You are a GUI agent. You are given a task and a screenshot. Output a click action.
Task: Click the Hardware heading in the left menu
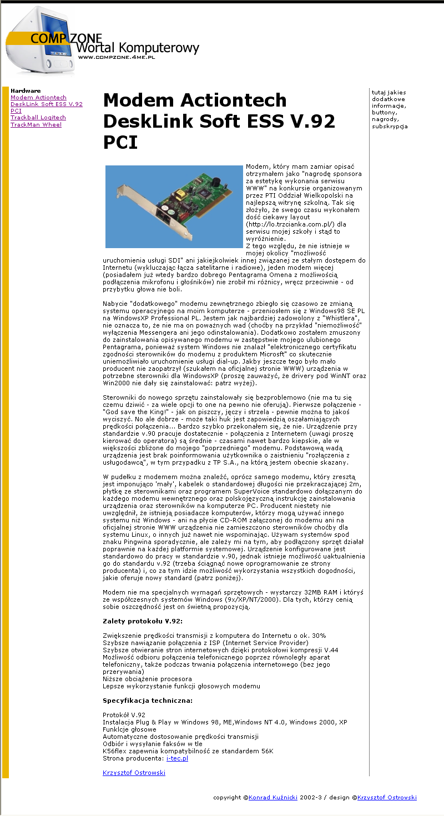pyautogui.click(x=26, y=90)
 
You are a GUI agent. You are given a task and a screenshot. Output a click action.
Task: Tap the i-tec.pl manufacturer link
pyautogui.click(x=177, y=758)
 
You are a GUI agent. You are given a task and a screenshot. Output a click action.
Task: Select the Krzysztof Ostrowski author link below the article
pyautogui.click(x=134, y=772)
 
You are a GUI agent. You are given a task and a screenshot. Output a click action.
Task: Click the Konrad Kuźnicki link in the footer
pyautogui.click(x=273, y=798)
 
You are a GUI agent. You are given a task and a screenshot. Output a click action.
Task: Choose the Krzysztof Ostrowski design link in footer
pyautogui.click(x=387, y=798)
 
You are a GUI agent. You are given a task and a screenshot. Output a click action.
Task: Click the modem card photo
pyautogui.click(x=174, y=206)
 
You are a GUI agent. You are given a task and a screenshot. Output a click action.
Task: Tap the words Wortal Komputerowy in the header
pyautogui.click(x=138, y=48)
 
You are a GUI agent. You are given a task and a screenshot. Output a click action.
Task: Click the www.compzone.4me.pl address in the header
pyautogui.click(x=116, y=57)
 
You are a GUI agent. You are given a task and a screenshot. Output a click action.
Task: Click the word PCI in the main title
pyautogui.click(x=120, y=143)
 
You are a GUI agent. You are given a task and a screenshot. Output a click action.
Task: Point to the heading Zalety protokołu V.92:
pyautogui.click(x=143, y=621)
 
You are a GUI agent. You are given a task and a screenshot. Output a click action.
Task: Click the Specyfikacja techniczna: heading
pyautogui.click(x=148, y=700)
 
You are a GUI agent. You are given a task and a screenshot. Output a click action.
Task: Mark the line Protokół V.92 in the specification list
pyautogui.click(x=124, y=714)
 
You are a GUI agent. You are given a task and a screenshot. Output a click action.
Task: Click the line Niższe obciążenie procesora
pyautogui.click(x=147, y=678)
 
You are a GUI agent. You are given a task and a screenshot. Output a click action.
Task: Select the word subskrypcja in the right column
pyautogui.click(x=390, y=126)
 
